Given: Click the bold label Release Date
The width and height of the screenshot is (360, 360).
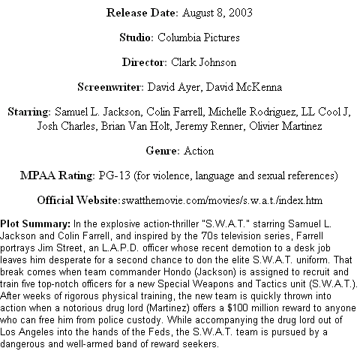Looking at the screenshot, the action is (142, 13).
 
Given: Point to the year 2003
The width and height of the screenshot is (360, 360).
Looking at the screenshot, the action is (240, 13).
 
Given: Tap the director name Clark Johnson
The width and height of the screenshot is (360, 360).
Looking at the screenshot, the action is (204, 62).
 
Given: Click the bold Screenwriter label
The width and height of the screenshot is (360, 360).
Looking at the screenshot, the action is (110, 87).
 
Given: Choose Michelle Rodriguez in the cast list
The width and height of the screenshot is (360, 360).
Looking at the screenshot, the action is (253, 112).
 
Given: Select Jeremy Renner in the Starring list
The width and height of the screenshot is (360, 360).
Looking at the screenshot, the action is (208, 126).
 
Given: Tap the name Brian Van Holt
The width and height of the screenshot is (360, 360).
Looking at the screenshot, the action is (135, 126).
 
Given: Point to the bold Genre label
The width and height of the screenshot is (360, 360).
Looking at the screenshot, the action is (163, 151).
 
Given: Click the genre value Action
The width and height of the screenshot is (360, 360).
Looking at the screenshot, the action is (199, 151).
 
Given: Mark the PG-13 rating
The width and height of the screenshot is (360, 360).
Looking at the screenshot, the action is (115, 175).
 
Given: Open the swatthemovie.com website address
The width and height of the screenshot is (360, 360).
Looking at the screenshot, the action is (222, 200).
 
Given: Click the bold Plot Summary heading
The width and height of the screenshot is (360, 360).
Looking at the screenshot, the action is (35, 223).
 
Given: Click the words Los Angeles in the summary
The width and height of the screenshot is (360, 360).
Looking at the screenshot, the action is (27, 332).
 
